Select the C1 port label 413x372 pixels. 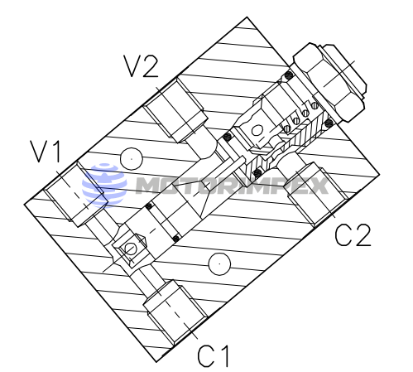coord(214,355)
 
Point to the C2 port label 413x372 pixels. coord(353,236)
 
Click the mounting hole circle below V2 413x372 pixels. coord(131,157)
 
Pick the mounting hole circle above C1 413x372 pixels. coord(218,263)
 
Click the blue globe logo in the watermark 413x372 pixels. coord(103,184)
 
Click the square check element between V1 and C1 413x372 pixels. coord(129,249)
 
